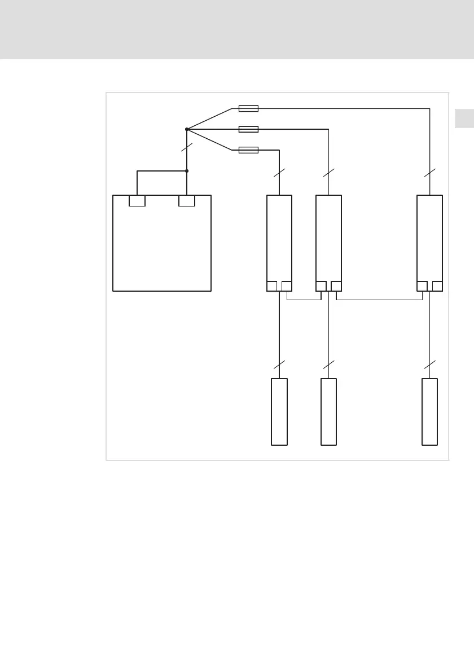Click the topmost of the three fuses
tap(249, 108)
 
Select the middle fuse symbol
tap(249, 129)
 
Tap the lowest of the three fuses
tap(249, 150)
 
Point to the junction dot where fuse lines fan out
tap(187, 129)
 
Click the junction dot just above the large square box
tap(187, 170)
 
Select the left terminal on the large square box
tap(137, 201)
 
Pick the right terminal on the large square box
tap(187, 201)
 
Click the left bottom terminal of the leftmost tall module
tap(271, 286)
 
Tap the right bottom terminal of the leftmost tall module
tap(287, 286)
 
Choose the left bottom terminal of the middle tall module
tap(321, 286)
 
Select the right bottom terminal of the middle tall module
tap(336, 286)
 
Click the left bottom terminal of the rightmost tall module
tap(422, 286)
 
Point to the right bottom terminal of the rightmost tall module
tap(437, 286)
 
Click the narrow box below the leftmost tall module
tap(279, 412)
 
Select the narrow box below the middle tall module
tap(328, 412)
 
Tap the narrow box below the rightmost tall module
tap(429, 412)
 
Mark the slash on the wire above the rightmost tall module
tap(430, 173)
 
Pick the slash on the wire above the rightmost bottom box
tap(430, 364)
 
